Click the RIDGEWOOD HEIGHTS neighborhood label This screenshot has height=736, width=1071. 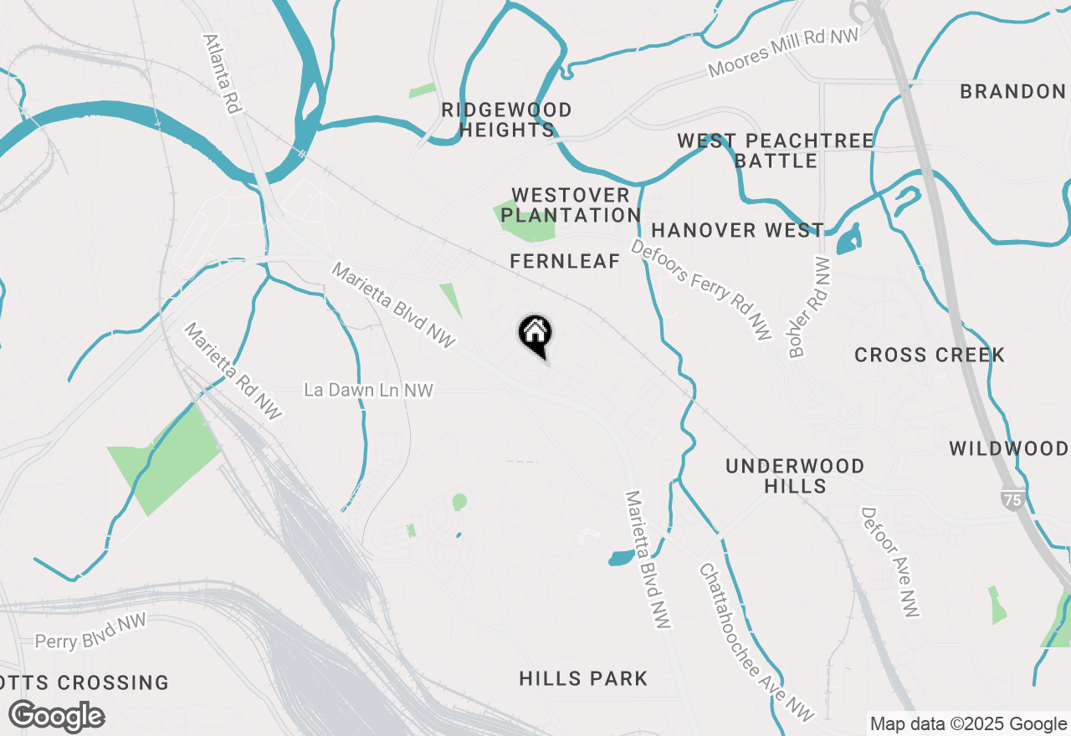pyautogui.click(x=506, y=120)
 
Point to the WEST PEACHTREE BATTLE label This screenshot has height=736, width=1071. pyautogui.click(x=776, y=151)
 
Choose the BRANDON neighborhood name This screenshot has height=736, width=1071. pyautogui.click(x=1012, y=91)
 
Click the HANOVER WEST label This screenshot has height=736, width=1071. pyautogui.click(x=737, y=230)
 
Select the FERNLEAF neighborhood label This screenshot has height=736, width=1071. pyautogui.click(x=565, y=262)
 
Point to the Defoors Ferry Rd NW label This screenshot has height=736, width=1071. pyautogui.click(x=700, y=289)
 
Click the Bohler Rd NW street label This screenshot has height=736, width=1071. pyautogui.click(x=808, y=308)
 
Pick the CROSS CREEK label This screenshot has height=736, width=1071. pyautogui.click(x=930, y=355)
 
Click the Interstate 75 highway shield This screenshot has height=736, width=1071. pyautogui.click(x=1012, y=499)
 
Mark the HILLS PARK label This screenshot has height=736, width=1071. pyautogui.click(x=583, y=678)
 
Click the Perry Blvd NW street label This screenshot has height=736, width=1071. pyautogui.click(x=90, y=631)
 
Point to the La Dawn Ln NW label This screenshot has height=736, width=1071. pyautogui.click(x=369, y=390)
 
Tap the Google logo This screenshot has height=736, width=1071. pyautogui.click(x=56, y=717)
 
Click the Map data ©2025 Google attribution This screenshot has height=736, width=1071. pyautogui.click(x=968, y=724)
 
